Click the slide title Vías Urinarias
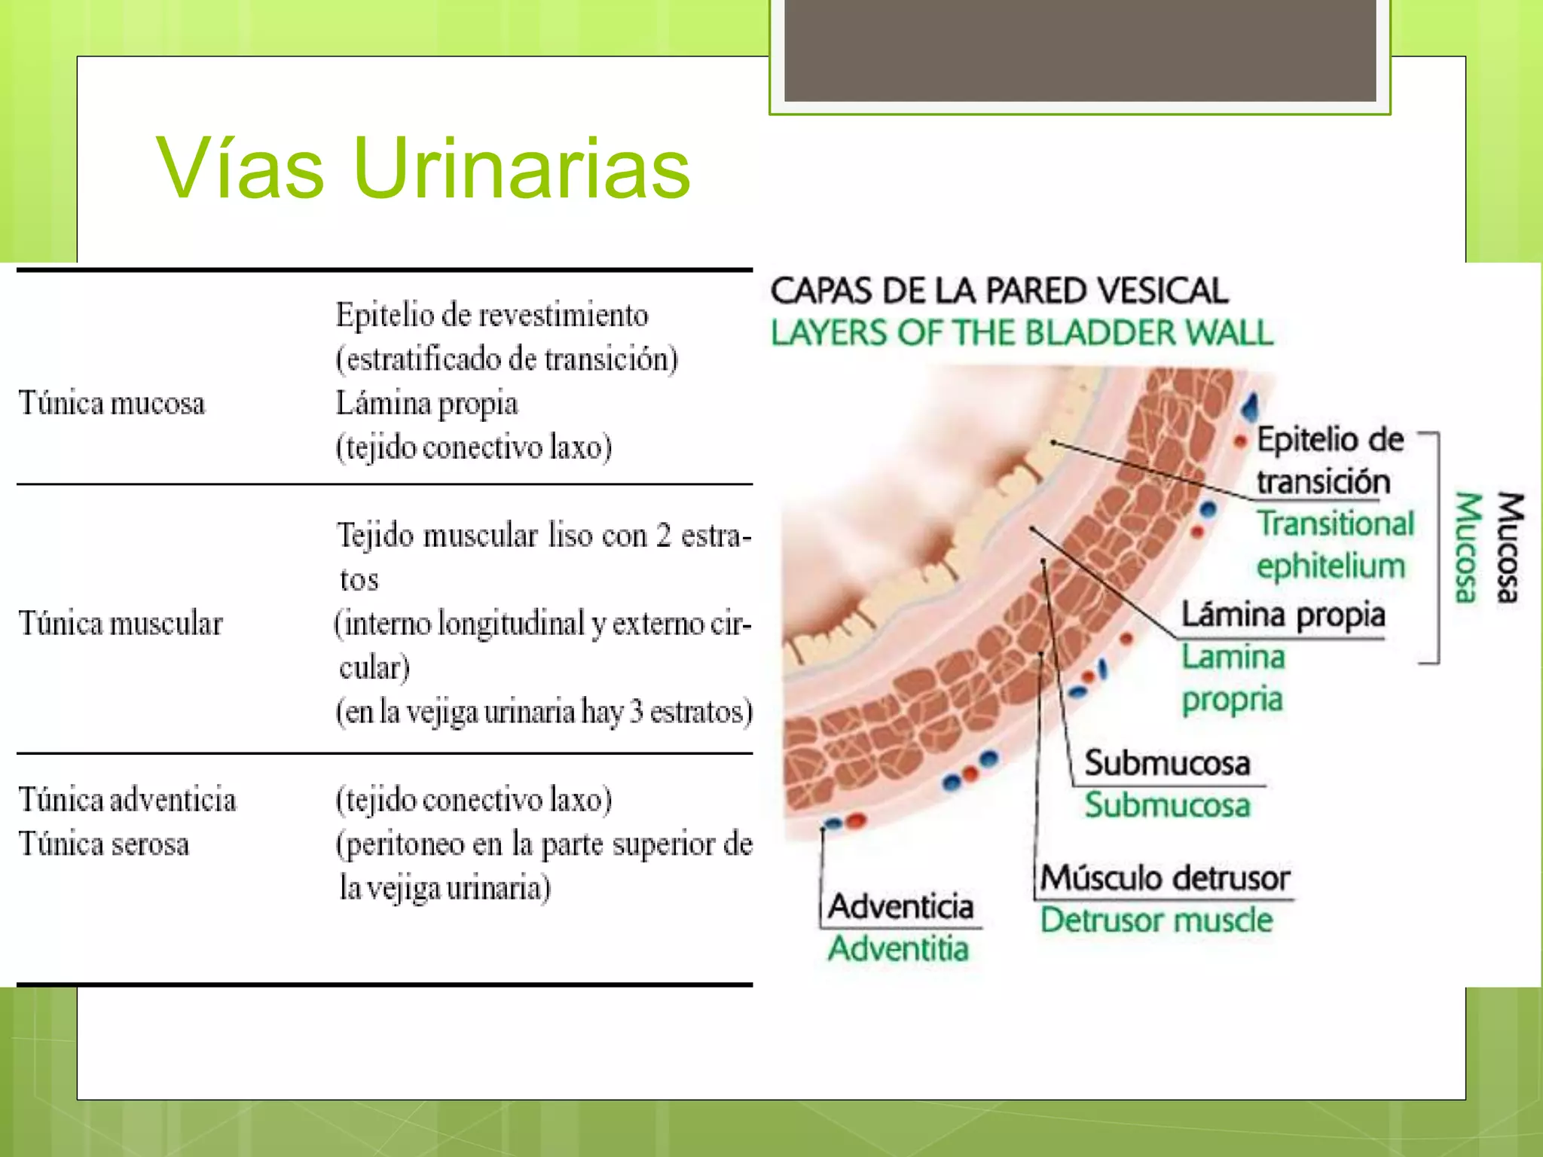(423, 169)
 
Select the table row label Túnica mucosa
(112, 403)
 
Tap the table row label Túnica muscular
(121, 624)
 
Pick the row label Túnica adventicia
(127, 800)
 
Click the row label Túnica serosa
(104, 844)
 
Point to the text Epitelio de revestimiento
(491, 315)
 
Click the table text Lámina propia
(426, 404)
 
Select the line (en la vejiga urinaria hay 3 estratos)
(544, 712)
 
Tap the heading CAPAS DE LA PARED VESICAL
(999, 291)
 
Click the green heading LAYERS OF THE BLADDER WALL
(1022, 333)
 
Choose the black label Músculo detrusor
(1165, 878)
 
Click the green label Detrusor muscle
(1156, 920)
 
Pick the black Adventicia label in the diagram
(901, 906)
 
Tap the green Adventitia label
(898, 948)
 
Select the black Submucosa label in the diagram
(1167, 763)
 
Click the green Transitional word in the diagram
(1335, 524)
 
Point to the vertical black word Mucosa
(1510, 548)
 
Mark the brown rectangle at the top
(1080, 50)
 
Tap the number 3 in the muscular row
(636, 712)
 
